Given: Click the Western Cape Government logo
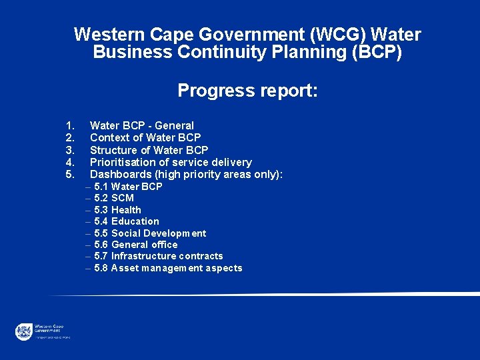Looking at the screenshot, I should click(25, 331).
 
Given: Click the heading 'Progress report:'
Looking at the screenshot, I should click(248, 91).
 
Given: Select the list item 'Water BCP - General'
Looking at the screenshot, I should click(141, 125).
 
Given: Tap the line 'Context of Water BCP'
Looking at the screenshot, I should click(145, 137).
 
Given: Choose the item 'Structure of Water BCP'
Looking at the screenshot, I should click(149, 150).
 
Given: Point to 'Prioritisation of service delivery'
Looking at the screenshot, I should click(171, 162).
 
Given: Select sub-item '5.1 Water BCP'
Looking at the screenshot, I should click(128, 187).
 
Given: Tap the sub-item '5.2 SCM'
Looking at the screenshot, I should click(114, 198).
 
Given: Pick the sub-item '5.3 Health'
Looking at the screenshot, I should click(117, 210).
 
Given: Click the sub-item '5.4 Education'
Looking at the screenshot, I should click(127, 221).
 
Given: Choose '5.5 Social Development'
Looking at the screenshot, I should click(150, 233).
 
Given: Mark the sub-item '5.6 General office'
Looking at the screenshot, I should click(136, 245).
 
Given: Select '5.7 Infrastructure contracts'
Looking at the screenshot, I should click(159, 256).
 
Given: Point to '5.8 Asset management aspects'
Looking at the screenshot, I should click(168, 268).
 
